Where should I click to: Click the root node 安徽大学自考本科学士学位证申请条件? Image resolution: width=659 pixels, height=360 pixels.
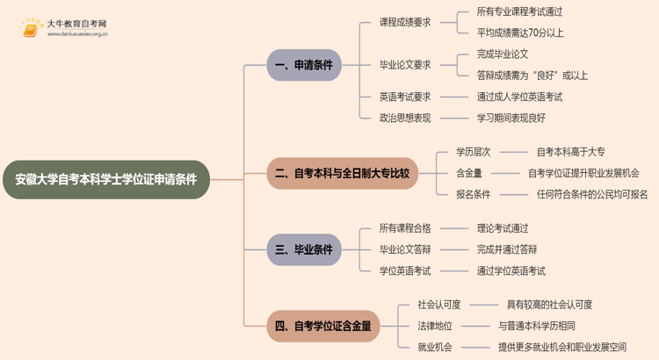click(106, 179)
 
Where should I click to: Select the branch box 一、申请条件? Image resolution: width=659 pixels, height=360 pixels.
click(304, 65)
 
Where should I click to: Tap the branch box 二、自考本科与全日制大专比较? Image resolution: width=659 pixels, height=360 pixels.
click(342, 173)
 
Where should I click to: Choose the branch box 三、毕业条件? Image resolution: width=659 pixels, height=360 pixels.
click(304, 249)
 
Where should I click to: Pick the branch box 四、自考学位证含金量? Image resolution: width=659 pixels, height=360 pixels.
click(322, 326)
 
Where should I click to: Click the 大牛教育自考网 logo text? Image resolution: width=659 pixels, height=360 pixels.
click(77, 24)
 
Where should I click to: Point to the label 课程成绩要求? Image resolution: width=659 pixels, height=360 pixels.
click(405, 22)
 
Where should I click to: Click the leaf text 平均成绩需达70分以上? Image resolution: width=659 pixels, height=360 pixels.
click(520, 33)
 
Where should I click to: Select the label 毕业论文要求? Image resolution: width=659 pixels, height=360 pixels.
click(405, 64)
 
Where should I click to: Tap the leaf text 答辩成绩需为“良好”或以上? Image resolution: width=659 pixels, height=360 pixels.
click(532, 76)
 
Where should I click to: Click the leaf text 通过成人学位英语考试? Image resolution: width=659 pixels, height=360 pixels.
click(519, 97)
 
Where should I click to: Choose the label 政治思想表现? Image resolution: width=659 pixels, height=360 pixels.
click(405, 118)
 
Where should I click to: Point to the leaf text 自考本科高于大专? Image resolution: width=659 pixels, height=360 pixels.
click(570, 152)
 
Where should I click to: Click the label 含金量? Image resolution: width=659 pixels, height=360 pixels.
click(468, 173)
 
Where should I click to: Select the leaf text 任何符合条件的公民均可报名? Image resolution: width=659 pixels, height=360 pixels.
click(592, 194)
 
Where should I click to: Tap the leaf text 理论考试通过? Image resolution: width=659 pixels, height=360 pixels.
click(503, 228)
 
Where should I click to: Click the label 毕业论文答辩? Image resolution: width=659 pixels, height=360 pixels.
click(405, 249)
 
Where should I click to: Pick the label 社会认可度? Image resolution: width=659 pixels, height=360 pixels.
click(439, 305)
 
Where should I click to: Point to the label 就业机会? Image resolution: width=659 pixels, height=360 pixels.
click(435, 347)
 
